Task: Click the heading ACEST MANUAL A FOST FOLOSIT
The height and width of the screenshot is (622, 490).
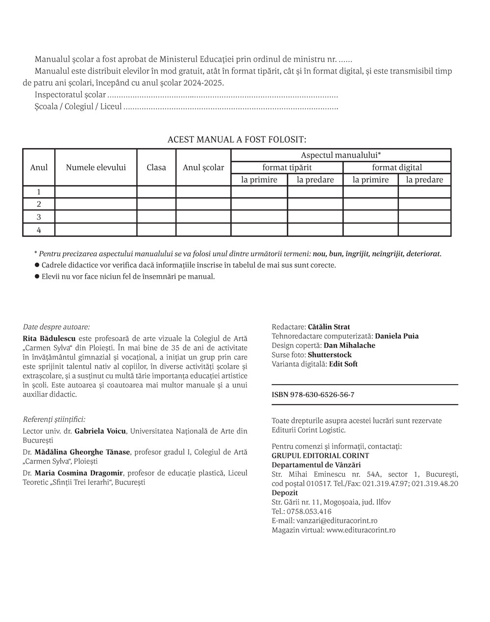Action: pyautogui.click(x=237, y=139)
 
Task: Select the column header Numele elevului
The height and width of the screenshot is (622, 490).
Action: pyautogui.click(x=96, y=167)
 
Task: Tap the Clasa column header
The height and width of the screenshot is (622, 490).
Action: pyautogui.click(x=156, y=167)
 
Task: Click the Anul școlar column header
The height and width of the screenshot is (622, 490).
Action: pyautogui.click(x=203, y=167)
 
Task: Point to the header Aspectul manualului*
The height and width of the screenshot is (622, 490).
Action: pyautogui.click(x=341, y=155)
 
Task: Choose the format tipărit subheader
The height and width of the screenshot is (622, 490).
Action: pyautogui.click(x=287, y=167)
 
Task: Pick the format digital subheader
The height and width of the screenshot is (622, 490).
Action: pyautogui.click(x=397, y=167)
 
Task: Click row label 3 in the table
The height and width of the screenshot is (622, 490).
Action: pyautogui.click(x=39, y=217)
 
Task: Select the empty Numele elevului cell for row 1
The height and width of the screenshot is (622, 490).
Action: pyautogui.click(x=96, y=192)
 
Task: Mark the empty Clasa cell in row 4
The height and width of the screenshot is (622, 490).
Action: pyautogui.click(x=156, y=230)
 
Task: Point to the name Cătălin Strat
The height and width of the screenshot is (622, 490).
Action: pyautogui.click(x=329, y=327)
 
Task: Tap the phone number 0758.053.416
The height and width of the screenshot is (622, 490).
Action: pyautogui.click(x=309, y=511)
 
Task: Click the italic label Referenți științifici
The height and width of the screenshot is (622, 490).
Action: pyautogui.click(x=54, y=419)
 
